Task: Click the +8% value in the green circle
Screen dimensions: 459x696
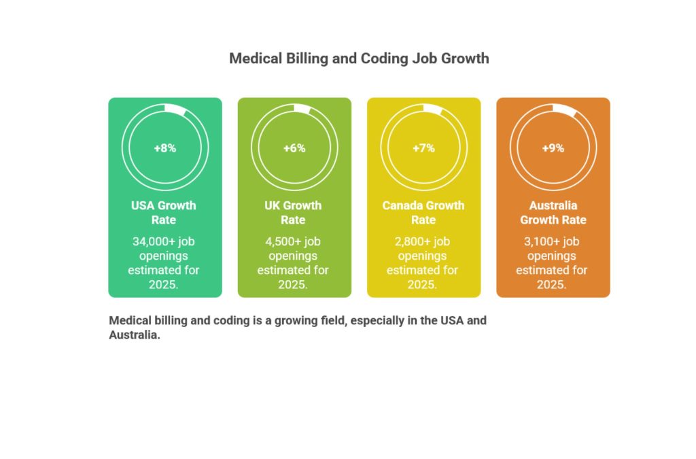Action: [x=164, y=148]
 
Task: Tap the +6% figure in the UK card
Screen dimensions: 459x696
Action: [x=294, y=148]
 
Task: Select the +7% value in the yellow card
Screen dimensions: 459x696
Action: [x=423, y=148]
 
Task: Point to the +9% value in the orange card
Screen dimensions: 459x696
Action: [x=553, y=148]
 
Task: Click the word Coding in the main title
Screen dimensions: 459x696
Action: [x=385, y=58]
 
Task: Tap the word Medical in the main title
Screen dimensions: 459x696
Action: [x=255, y=58]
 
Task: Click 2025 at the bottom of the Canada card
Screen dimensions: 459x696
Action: [x=421, y=284]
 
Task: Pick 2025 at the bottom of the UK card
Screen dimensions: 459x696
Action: [x=292, y=284]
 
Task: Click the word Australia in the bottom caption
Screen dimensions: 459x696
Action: [x=133, y=335]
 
